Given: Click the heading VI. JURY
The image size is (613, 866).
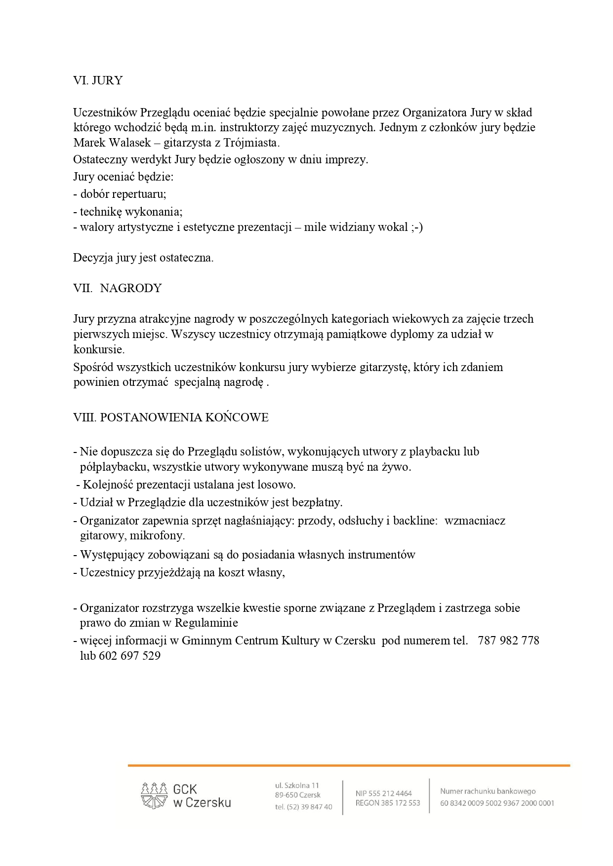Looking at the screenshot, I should click(98, 80).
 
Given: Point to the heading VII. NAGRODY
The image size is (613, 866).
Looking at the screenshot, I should click(118, 288).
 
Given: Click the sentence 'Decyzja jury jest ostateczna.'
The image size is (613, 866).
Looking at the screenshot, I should click(143, 258).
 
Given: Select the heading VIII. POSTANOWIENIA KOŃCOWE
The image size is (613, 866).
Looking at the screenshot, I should click(171, 417).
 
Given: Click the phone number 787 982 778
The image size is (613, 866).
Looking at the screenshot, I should click(509, 640).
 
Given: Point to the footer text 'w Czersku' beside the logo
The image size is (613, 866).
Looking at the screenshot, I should click(202, 803).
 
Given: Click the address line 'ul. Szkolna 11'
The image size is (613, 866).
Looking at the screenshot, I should click(297, 785).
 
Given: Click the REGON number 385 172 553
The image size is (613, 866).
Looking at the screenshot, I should click(401, 803).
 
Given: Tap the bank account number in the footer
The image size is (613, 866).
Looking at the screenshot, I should click(497, 803).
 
